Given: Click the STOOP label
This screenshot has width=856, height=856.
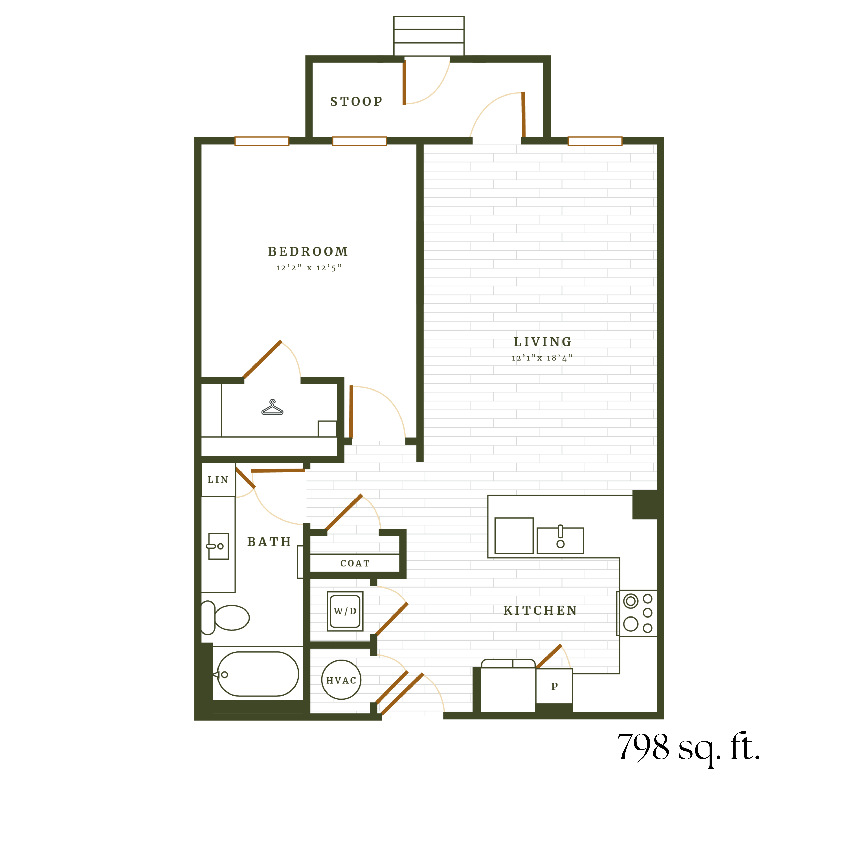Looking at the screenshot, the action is tap(356, 101).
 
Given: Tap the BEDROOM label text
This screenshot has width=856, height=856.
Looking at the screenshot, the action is tap(308, 252).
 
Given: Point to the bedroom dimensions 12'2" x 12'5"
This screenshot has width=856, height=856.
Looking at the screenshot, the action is tap(309, 268).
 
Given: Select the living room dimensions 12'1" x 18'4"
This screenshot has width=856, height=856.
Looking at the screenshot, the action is tap(542, 358).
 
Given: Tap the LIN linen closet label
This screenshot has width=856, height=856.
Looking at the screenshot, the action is tap(218, 480).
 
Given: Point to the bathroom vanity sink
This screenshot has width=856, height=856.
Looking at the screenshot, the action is tap(218, 546).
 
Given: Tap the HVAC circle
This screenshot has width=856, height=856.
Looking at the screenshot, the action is tap(341, 680).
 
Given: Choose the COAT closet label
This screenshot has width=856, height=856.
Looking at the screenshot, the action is tap(355, 563).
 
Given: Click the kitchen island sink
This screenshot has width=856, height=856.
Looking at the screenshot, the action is tap(560, 540).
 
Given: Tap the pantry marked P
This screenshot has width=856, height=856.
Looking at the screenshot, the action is tap(554, 686).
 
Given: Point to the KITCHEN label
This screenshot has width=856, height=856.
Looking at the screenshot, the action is tap(541, 611).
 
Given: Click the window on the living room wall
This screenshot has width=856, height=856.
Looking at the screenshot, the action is tap(595, 141).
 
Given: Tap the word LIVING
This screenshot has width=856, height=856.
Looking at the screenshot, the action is tap(543, 342).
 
